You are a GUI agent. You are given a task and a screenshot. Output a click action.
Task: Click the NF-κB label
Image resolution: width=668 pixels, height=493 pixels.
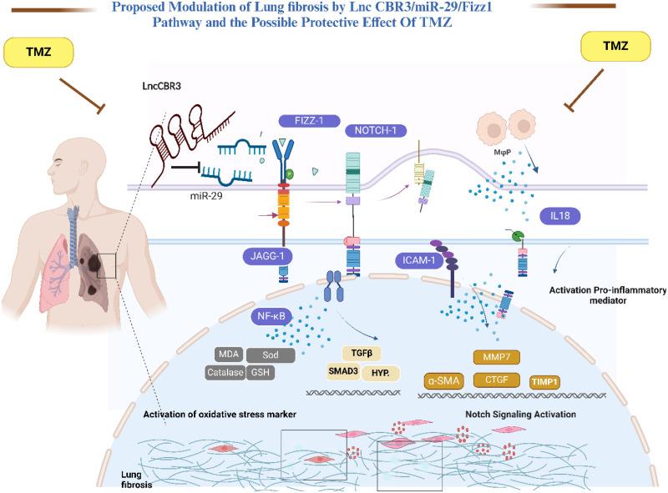pos(274,317)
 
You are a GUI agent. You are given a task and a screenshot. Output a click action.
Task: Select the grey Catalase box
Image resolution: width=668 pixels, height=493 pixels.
pos(225,372)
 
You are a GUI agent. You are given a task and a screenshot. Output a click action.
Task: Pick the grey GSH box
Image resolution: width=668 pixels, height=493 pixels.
pos(259,372)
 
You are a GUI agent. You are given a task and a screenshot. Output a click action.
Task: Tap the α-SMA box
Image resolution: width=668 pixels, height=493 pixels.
pos(445,380)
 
